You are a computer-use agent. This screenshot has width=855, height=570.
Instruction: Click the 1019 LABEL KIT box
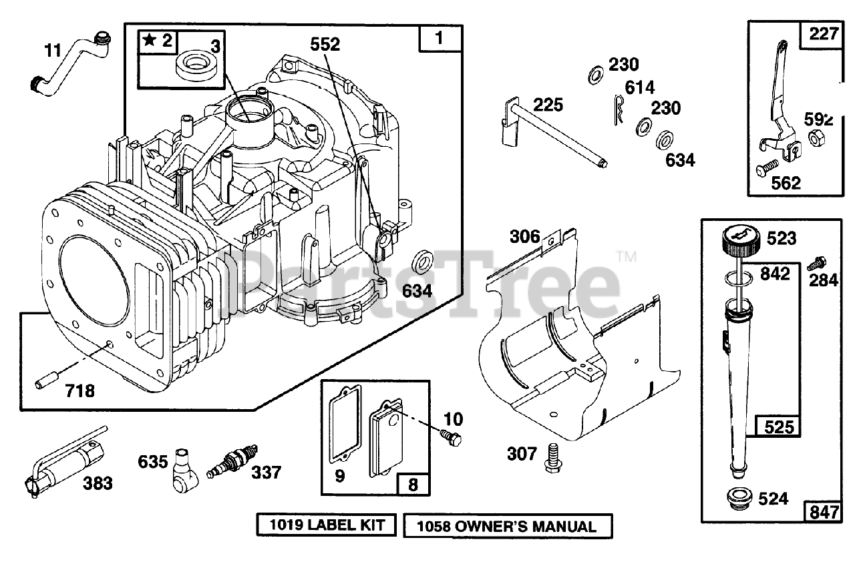click(327, 525)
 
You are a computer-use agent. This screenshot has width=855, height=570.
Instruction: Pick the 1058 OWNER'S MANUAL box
click(507, 526)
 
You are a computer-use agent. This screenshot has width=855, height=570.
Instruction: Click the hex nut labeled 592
click(815, 139)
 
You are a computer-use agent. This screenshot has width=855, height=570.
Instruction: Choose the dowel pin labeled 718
click(45, 385)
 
